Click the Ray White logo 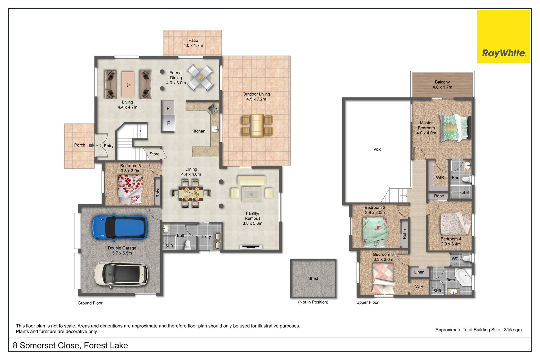coord(503,37)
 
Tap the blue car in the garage coord(119,228)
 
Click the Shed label coord(313,278)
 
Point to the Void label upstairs coord(377,149)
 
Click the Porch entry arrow coord(92,145)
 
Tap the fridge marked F coord(168,123)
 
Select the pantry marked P coord(168,108)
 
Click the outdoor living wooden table coord(257,125)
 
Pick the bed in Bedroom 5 coord(130,189)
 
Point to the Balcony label coord(442,82)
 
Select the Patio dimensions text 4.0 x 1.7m coord(193,46)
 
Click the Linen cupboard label coord(419,272)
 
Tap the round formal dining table coord(201,78)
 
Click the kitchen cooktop coord(213,108)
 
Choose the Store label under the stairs coord(154,154)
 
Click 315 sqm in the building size coord(513,330)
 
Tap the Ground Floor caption coord(90,303)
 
